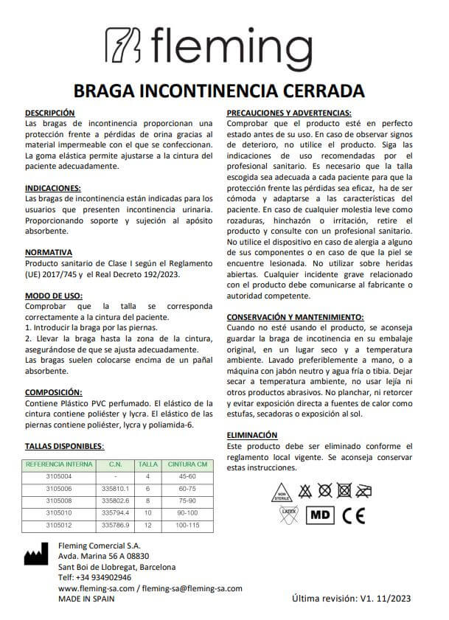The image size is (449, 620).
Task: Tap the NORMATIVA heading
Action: [49, 251]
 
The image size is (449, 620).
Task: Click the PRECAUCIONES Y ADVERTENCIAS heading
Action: [293, 112]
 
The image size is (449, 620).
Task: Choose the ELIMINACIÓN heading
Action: [252, 436]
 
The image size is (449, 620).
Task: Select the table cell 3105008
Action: [59, 500]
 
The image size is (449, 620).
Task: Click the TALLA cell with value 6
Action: [148, 488]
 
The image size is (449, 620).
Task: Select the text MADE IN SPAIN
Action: [86, 599]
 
